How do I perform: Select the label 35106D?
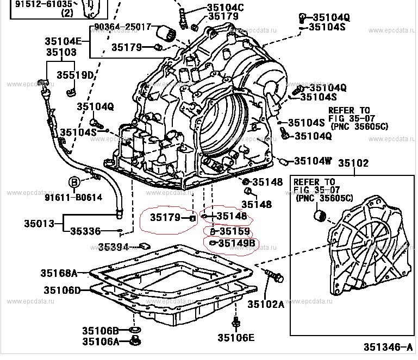pos(59,290)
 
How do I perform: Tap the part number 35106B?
pos(100,330)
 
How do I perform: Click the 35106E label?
pos(236,338)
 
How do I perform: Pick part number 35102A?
pos(266,305)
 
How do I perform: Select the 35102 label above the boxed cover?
pos(353,163)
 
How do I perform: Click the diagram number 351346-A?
pos(387,346)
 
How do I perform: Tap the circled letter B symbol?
pos(74,182)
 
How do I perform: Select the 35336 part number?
pos(86,231)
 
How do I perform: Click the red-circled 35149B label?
pos(236,243)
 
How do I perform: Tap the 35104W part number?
pos(313,161)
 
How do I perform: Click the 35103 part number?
pos(61,52)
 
